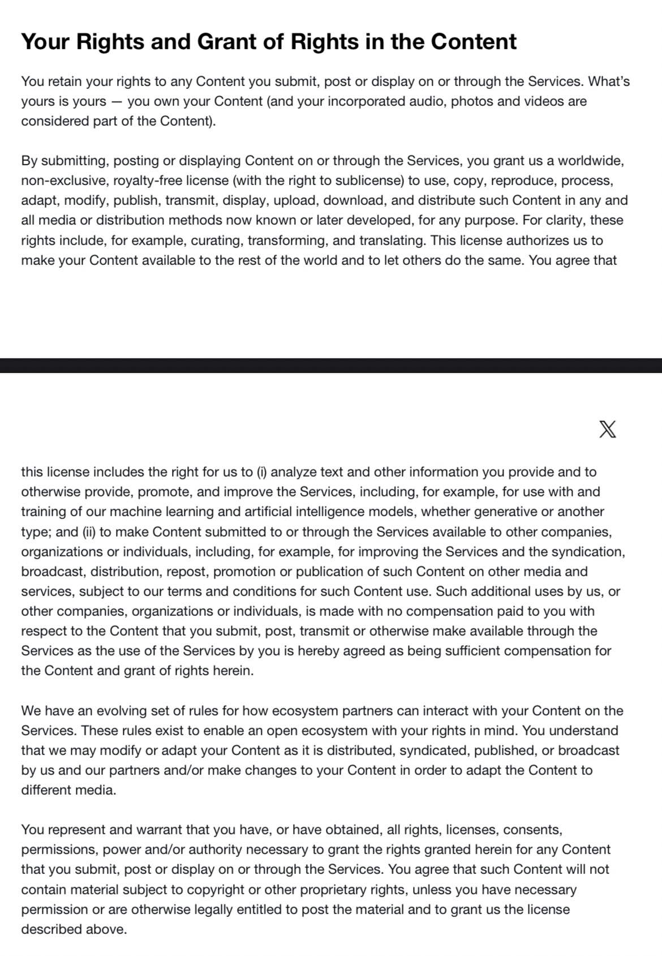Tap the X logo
point(607,430)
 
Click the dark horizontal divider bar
point(331,365)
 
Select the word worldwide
point(591,161)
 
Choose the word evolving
point(122,711)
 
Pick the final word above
point(108,929)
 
